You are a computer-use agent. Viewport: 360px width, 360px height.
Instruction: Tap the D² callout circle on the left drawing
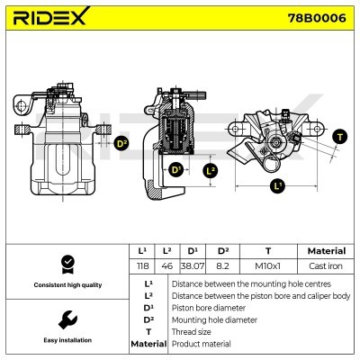121,142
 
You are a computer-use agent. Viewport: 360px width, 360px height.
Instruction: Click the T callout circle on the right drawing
339,137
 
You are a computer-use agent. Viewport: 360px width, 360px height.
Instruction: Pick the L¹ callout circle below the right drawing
277,186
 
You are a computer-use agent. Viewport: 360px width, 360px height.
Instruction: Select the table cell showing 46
166,266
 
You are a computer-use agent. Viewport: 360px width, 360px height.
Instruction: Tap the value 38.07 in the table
193,266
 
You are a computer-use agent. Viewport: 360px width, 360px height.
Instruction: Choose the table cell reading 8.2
223,266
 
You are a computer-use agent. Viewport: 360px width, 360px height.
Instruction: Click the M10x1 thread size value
267,266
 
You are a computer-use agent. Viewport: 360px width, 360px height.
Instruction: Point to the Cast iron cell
325,266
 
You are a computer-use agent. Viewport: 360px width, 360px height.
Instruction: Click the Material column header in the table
325,251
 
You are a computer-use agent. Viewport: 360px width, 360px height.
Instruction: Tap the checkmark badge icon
66,263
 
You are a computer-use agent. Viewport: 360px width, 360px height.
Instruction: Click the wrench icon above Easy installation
66,319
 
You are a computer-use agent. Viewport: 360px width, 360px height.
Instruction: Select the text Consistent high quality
66,285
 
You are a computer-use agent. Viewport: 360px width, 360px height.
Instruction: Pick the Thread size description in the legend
192,331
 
